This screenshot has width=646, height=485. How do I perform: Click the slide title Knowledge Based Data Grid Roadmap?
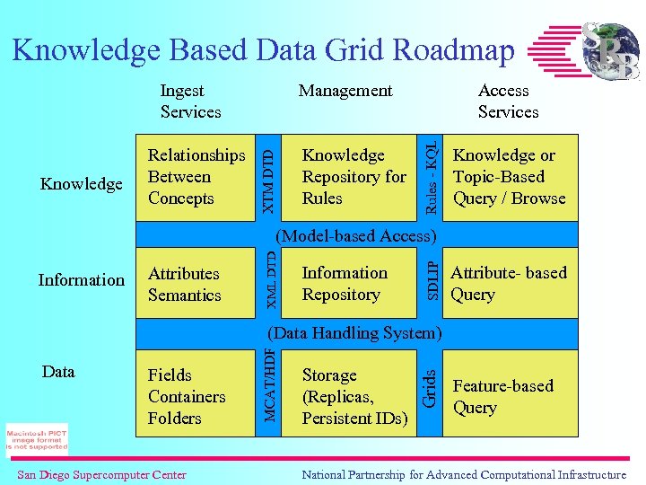point(264,50)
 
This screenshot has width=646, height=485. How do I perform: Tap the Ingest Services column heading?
point(190,101)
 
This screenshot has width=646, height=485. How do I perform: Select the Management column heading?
point(345,91)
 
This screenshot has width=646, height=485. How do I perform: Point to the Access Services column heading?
point(508,101)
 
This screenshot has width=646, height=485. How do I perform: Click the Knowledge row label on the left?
point(82,184)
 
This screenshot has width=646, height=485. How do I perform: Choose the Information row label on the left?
point(82,280)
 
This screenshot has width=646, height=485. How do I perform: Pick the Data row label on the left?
point(58,372)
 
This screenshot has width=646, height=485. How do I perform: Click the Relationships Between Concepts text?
point(196,177)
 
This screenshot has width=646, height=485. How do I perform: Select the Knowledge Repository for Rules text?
point(354,177)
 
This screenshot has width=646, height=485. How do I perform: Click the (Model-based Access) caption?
point(356,236)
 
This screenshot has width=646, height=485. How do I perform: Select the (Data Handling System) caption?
point(355,332)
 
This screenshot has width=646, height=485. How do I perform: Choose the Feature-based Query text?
point(502,396)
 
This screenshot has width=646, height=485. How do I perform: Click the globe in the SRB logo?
point(611,51)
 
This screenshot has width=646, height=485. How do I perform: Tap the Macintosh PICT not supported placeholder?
point(36,439)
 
